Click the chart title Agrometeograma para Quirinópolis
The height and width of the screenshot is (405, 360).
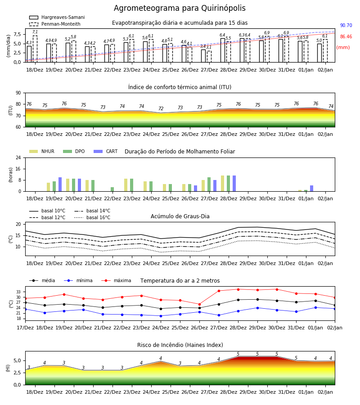click(180, 8)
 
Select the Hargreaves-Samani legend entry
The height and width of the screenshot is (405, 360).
click(57, 17)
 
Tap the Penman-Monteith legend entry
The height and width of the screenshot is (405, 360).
click(55, 24)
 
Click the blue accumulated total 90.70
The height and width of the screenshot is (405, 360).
click(346, 25)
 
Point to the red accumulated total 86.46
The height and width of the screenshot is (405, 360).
click(346, 37)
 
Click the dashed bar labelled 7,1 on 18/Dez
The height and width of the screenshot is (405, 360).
click(35, 49)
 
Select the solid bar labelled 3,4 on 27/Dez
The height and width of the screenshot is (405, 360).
click(203, 56)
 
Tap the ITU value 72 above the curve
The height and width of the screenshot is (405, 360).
click(161, 108)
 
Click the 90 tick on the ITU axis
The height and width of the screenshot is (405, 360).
click(18, 93)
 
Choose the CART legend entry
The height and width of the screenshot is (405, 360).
click(105, 151)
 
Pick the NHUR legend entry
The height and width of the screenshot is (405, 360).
click(42, 151)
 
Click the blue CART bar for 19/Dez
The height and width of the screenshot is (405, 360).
click(60, 184)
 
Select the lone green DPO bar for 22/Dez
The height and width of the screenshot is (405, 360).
click(112, 189)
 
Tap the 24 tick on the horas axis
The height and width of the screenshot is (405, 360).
click(18, 158)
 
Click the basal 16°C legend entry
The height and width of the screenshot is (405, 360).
click(92, 217)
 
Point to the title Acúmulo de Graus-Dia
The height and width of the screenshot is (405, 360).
click(180, 216)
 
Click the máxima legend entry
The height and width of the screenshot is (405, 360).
click(116, 280)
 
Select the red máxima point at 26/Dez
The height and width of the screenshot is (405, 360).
click(199, 304)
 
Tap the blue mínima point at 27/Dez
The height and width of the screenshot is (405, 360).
click(219, 315)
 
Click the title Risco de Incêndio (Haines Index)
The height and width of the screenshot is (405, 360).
click(180, 345)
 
